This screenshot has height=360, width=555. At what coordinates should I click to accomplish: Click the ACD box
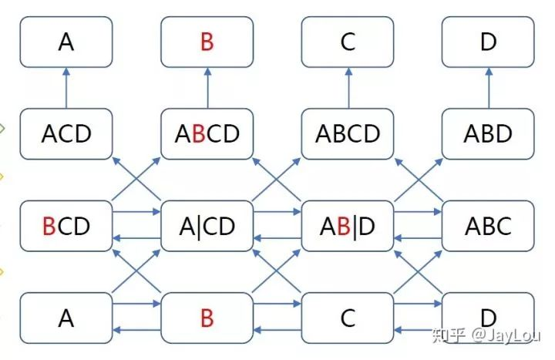[x=66, y=134]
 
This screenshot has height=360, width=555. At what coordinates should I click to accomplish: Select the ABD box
[x=488, y=134]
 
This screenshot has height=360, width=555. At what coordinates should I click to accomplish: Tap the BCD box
[x=66, y=226]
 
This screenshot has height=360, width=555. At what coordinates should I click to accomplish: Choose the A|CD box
[x=207, y=226]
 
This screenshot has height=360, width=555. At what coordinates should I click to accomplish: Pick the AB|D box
[x=348, y=226]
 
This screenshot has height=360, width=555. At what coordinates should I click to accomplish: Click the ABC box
[x=488, y=226]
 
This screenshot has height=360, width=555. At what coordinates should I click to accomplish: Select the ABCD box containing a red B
[x=207, y=134]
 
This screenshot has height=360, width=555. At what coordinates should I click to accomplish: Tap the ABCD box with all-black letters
[x=348, y=134]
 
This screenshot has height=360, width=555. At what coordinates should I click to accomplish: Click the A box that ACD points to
[x=66, y=42]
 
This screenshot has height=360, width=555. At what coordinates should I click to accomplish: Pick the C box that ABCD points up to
[x=348, y=42]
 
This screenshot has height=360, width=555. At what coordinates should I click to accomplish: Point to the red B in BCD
[x=49, y=226]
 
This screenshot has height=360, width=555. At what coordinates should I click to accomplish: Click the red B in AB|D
[x=344, y=226]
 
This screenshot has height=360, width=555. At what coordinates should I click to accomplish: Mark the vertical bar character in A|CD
[x=198, y=227]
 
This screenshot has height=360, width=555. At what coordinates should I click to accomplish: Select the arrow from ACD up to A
[x=66, y=88]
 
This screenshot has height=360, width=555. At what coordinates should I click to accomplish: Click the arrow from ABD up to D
[x=489, y=88]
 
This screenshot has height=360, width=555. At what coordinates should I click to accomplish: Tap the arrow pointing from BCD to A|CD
[x=136, y=212]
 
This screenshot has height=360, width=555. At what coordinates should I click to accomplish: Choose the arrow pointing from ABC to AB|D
[x=418, y=238]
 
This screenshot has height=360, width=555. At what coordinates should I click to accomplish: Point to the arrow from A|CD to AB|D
[x=277, y=212]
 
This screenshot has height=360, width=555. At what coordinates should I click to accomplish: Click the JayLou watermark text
[x=506, y=335]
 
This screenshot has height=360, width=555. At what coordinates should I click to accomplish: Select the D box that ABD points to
[x=488, y=42]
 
